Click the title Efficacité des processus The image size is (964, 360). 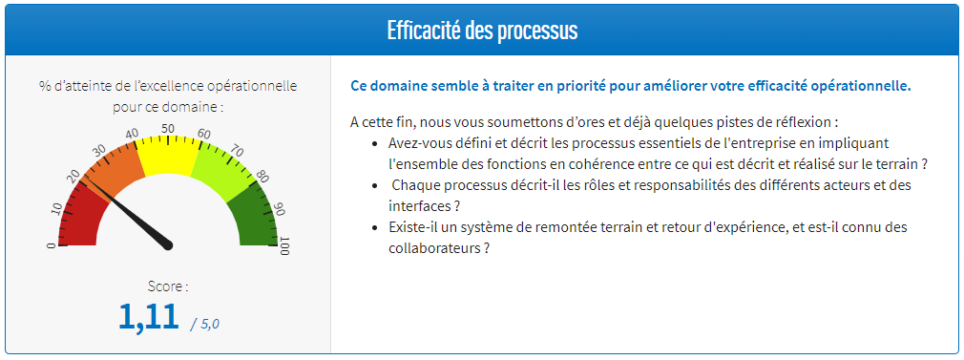tap(482, 30)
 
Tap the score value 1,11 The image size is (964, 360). tap(149, 315)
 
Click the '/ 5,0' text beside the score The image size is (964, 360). tap(204, 324)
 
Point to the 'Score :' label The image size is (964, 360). tap(168, 286)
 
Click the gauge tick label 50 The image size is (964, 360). tap(168, 128)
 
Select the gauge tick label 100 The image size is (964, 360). tap(283, 247)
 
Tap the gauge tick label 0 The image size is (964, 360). tap(52, 246)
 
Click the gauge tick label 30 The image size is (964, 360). tap(98, 151)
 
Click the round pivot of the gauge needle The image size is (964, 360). tap(169, 245)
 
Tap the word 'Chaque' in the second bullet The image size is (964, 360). tap(415, 184)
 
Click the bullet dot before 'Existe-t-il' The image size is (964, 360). tap(373, 228)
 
